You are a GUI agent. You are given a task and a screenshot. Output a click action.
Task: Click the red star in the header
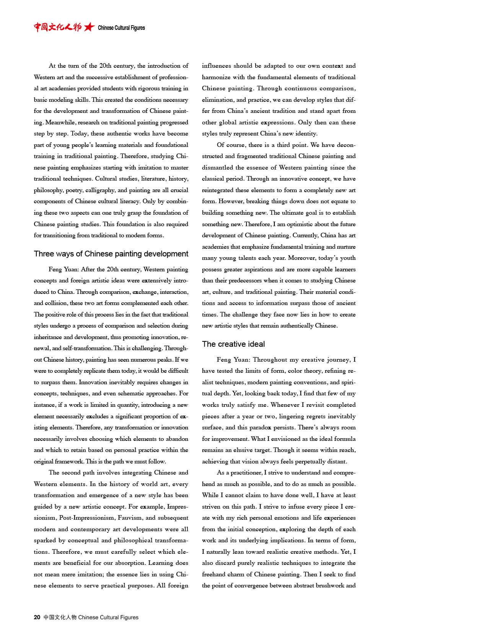click(x=89, y=27)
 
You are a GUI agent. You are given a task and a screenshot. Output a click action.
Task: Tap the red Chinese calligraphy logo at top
click(x=57, y=27)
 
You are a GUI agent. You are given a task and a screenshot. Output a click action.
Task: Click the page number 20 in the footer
click(x=37, y=617)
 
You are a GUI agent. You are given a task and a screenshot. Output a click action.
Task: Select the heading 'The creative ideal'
click(x=233, y=344)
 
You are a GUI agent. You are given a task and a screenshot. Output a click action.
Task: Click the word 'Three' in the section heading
click(x=44, y=254)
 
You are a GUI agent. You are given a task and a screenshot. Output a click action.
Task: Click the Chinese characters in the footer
click(x=60, y=617)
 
